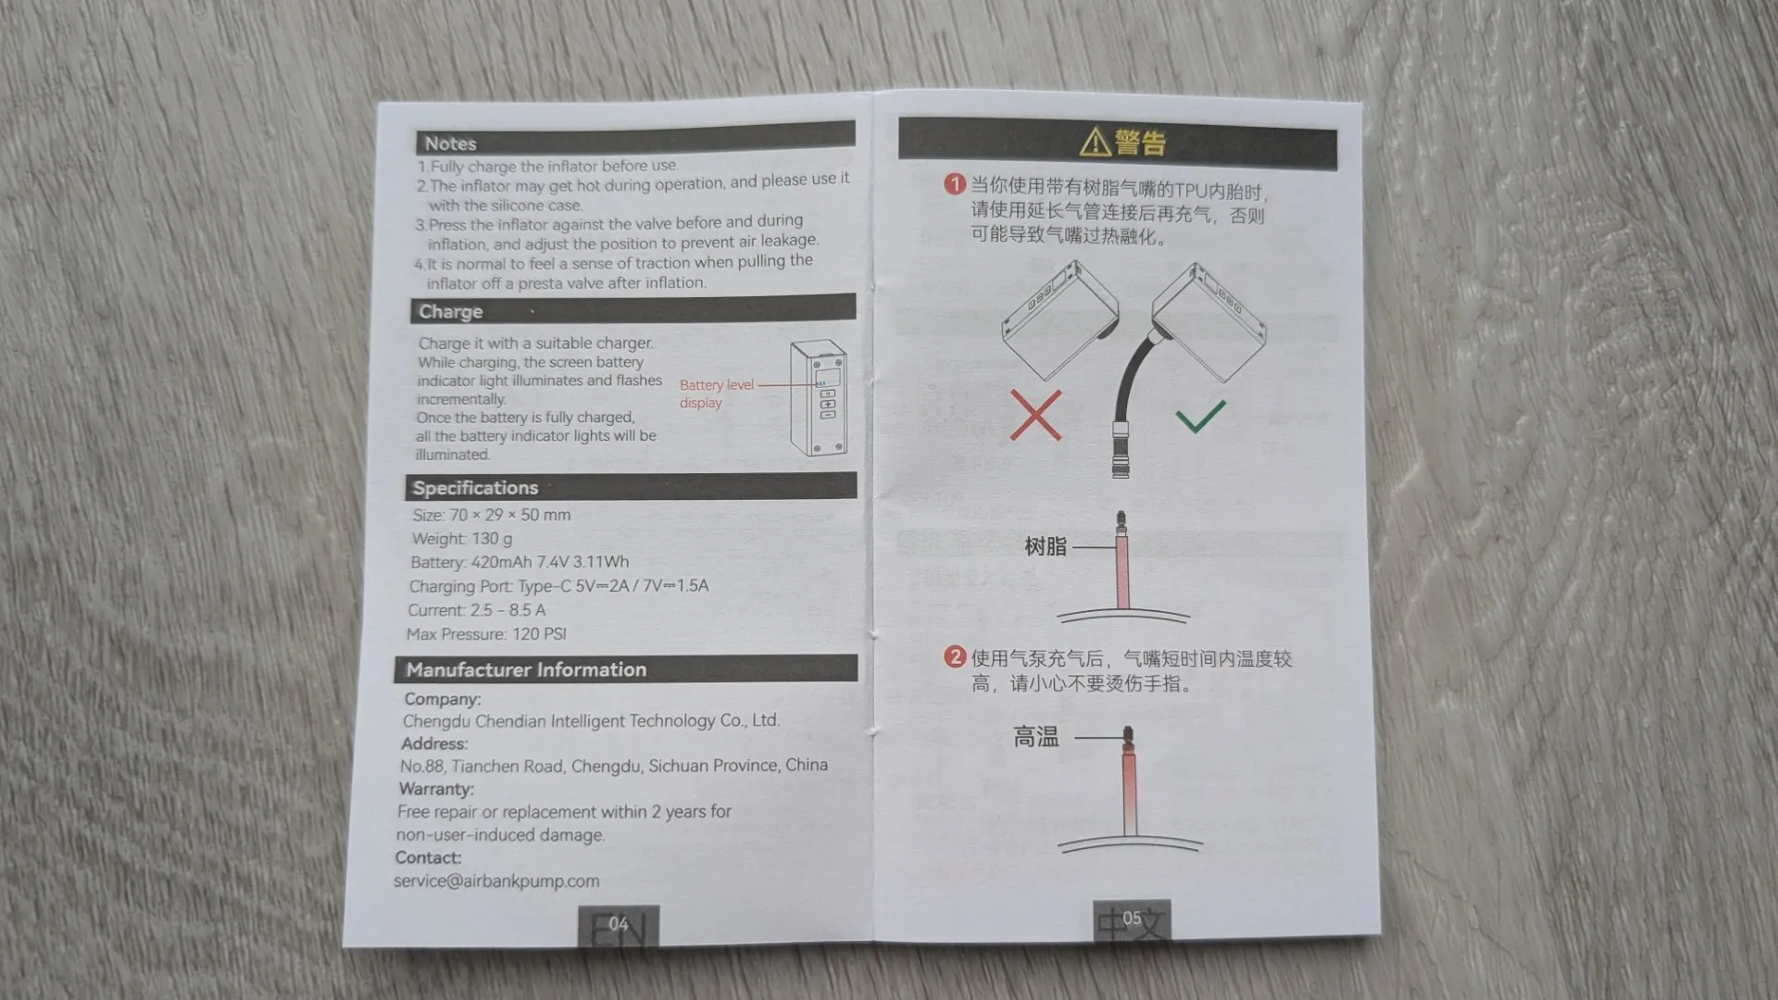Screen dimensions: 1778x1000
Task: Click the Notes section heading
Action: coord(450,144)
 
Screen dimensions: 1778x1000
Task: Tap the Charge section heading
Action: coord(450,312)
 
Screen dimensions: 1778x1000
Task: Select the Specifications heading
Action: coord(475,488)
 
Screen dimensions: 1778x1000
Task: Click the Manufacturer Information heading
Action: coord(526,669)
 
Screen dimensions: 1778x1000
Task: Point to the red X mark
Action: coord(1035,415)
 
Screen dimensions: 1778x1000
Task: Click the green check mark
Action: coord(1201,416)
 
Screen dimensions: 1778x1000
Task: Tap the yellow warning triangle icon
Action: coord(1095,142)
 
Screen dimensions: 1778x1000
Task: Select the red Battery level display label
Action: coord(716,394)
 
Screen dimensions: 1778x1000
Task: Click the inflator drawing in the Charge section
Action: coord(818,398)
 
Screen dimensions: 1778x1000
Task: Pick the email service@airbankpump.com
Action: coord(496,881)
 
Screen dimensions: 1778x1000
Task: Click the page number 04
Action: coord(619,923)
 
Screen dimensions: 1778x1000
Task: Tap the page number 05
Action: coord(1132,918)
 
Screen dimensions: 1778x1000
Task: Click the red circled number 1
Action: coord(955,184)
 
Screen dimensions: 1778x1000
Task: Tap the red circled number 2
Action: coord(955,656)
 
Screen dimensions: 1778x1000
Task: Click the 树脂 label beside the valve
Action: coord(1046,547)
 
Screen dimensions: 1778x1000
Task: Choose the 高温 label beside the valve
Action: coord(1035,737)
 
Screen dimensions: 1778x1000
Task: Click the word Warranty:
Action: coord(436,789)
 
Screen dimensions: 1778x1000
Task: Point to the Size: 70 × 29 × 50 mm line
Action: coord(492,515)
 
